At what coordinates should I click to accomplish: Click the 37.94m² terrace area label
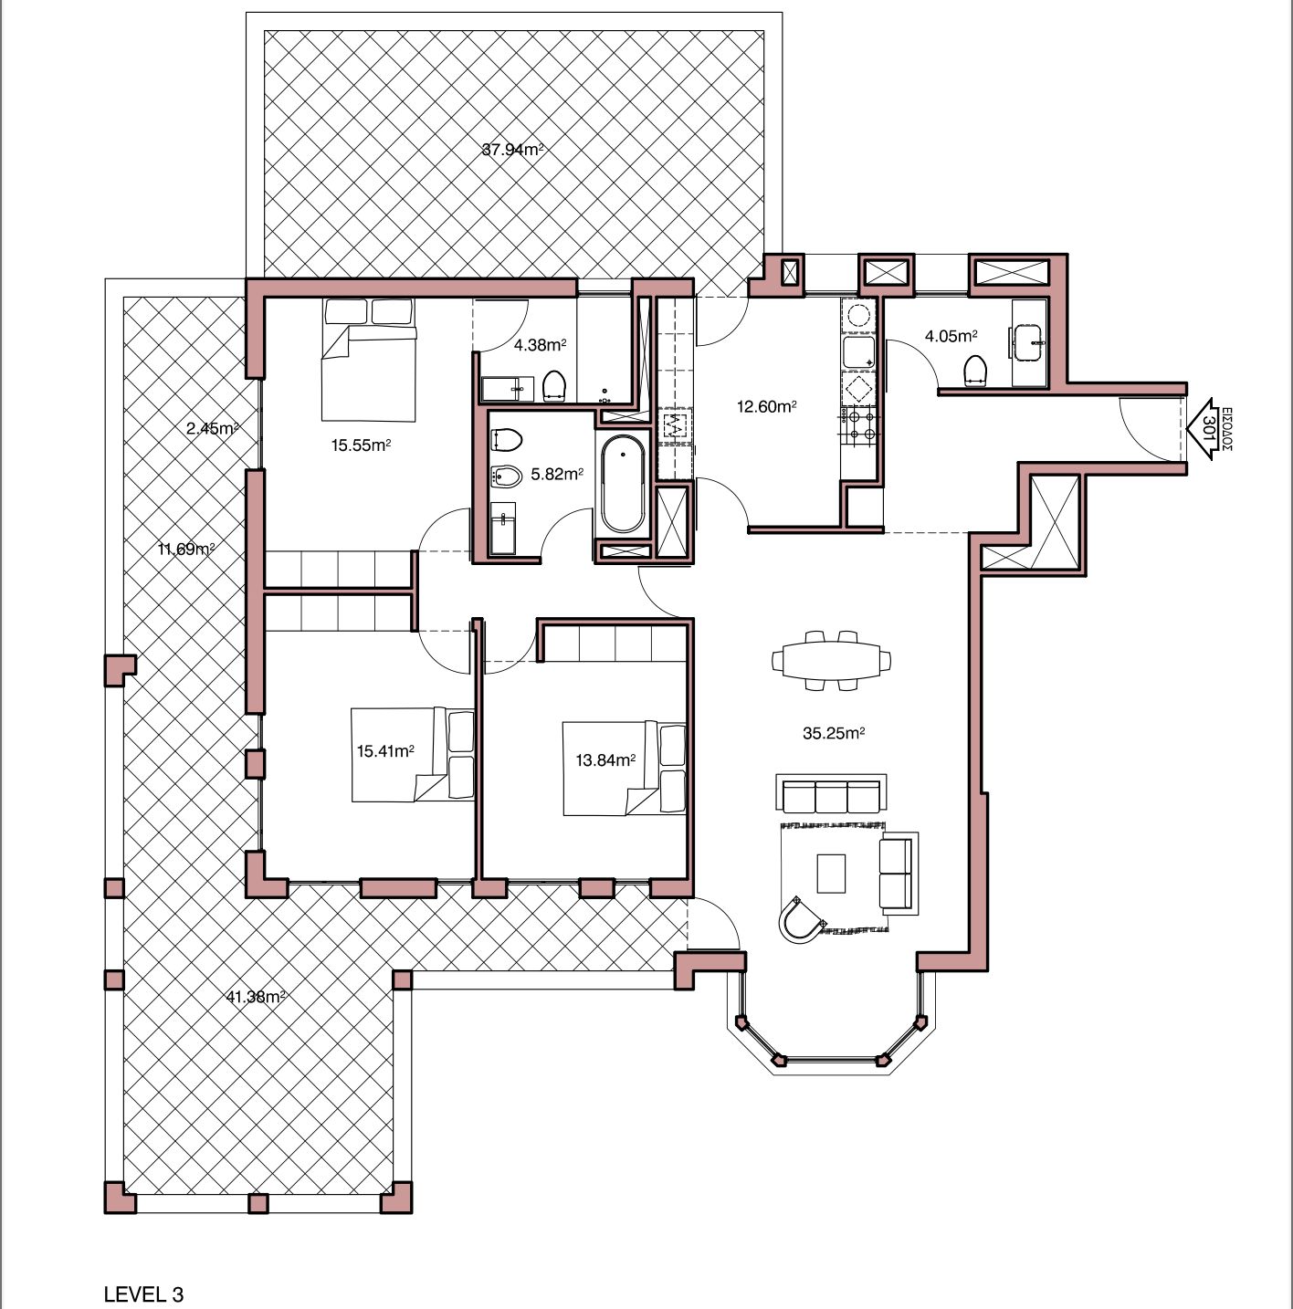[512, 150]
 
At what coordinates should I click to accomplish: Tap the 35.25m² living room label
[834, 733]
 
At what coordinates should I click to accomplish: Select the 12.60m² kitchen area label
[767, 407]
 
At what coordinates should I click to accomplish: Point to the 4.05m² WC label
[951, 336]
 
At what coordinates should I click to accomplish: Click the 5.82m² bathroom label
[557, 474]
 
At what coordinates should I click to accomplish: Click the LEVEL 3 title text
[143, 1276]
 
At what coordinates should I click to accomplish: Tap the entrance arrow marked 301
[1202, 429]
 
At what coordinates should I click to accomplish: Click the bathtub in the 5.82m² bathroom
[623, 484]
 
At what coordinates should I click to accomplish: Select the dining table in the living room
[831, 660]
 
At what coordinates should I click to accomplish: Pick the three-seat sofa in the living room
[831, 793]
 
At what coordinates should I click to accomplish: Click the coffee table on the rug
[831, 873]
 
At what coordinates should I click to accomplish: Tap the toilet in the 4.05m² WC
[975, 371]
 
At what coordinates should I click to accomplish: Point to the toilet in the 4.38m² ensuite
[554, 386]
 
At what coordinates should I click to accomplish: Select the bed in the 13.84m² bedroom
[624, 768]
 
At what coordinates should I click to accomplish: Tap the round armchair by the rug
[802, 919]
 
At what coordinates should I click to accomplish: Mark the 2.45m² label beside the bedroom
[212, 429]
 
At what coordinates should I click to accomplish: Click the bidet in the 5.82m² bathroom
[506, 476]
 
